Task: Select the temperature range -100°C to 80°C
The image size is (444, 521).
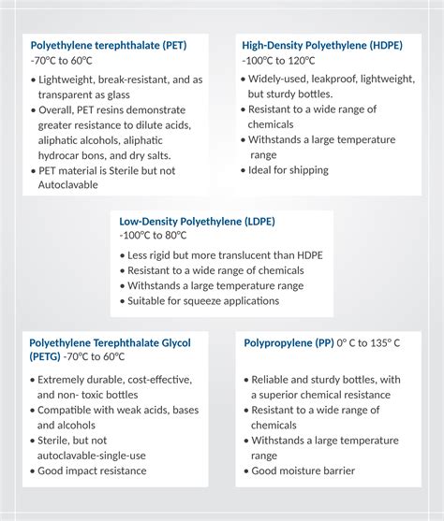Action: (x=157, y=236)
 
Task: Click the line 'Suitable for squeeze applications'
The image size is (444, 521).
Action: (x=202, y=301)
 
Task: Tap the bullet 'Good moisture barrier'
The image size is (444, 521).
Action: (x=302, y=470)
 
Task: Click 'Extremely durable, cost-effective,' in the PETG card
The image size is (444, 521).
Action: (x=114, y=380)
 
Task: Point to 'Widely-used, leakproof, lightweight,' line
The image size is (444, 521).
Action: (x=330, y=80)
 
